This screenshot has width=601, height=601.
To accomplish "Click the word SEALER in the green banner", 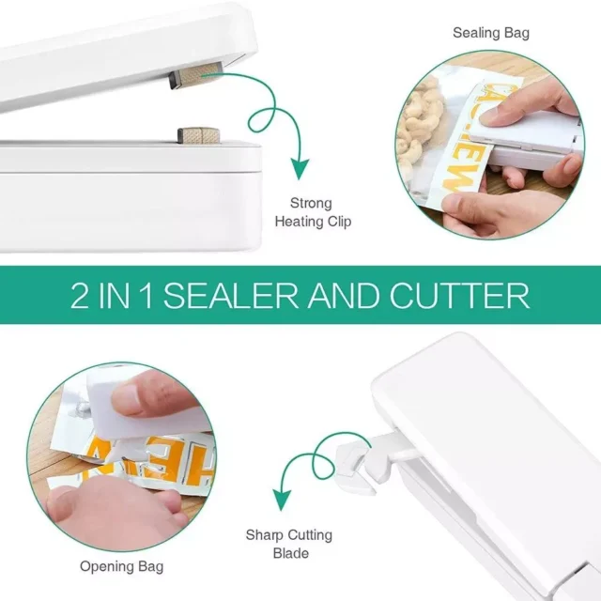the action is point(231,296).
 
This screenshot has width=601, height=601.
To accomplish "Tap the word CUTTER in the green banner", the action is point(459,296).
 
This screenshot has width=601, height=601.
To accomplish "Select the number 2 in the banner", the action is point(79,296).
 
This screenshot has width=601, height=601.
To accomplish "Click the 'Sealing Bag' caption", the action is point(491,33).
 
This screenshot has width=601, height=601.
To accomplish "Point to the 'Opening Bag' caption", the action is point(121,566).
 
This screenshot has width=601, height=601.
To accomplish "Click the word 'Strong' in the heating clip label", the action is point(311,203).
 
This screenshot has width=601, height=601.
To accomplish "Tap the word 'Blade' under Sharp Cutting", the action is point(291,553).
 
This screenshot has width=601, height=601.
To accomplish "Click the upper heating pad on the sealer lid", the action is point(196,74).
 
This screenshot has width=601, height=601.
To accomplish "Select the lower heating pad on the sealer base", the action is point(198,135).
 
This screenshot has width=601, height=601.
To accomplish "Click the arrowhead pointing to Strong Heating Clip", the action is point(299,168).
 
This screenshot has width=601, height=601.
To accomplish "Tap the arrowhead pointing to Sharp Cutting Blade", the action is point(282,500).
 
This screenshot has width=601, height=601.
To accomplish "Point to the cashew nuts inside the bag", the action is point(418,123).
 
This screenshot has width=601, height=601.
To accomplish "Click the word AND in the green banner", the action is point(344,296).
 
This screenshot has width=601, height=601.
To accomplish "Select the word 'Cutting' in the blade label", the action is point(310,534).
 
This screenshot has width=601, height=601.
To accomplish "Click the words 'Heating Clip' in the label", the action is point(313,222).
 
